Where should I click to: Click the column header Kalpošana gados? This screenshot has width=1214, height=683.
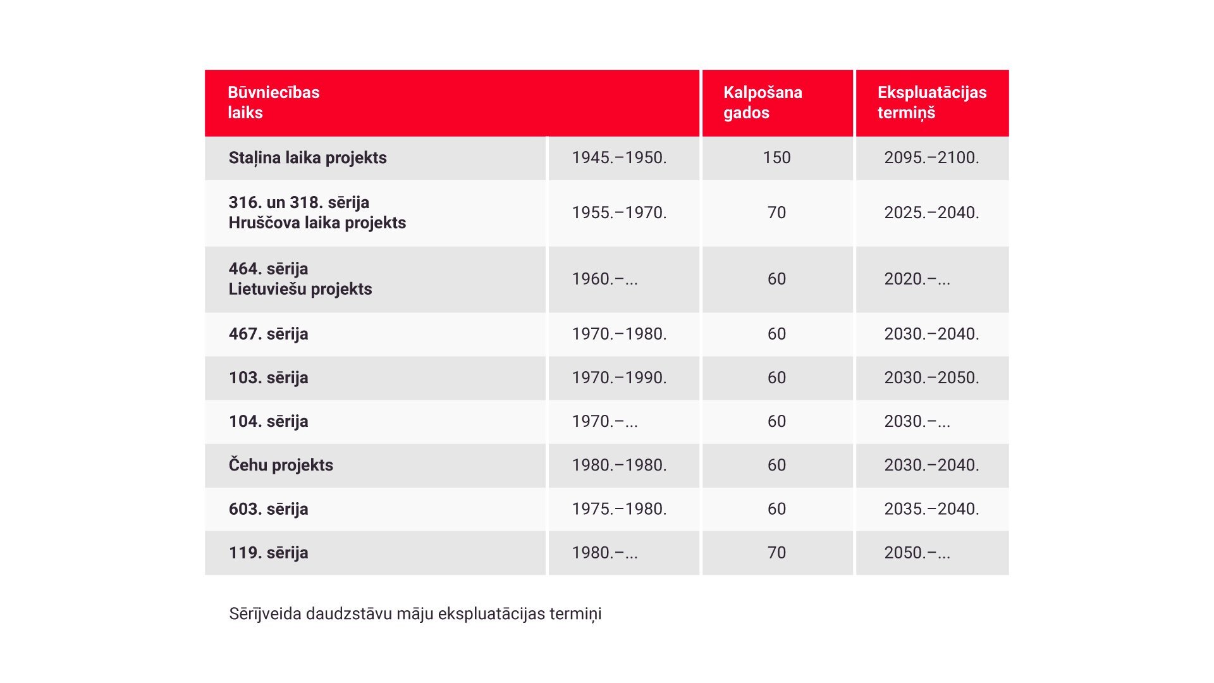[763, 102]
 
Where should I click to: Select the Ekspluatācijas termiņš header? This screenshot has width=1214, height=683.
[932, 102]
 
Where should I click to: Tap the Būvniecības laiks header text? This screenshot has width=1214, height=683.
[274, 102]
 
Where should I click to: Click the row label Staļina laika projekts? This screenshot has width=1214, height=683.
[307, 158]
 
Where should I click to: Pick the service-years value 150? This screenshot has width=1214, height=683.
[776, 157]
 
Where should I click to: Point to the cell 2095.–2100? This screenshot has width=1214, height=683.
[931, 157]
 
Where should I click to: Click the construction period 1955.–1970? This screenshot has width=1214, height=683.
[619, 212]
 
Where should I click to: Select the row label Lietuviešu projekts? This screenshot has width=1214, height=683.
[300, 289]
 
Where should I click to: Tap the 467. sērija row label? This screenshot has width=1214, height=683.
[268, 334]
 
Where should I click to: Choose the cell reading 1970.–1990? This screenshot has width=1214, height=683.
[619, 378]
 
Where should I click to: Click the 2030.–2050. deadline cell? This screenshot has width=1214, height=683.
[931, 378]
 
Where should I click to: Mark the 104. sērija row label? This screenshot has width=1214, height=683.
[268, 421]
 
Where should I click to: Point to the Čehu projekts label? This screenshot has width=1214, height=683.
[281, 465]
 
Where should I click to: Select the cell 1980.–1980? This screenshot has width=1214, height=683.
[619, 465]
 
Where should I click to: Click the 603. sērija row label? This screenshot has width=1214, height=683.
[268, 509]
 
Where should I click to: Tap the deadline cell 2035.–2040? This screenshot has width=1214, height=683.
[931, 508]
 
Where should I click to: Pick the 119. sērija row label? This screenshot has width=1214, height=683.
[268, 553]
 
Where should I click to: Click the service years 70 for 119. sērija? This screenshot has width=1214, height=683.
[776, 553]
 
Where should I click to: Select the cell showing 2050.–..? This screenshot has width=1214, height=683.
[917, 553]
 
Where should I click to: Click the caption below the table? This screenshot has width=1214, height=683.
[415, 614]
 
